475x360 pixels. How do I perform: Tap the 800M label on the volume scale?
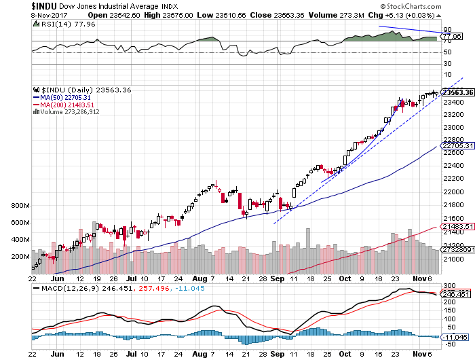pos(20,206)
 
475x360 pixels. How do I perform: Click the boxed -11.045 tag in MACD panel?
pos(455,337)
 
